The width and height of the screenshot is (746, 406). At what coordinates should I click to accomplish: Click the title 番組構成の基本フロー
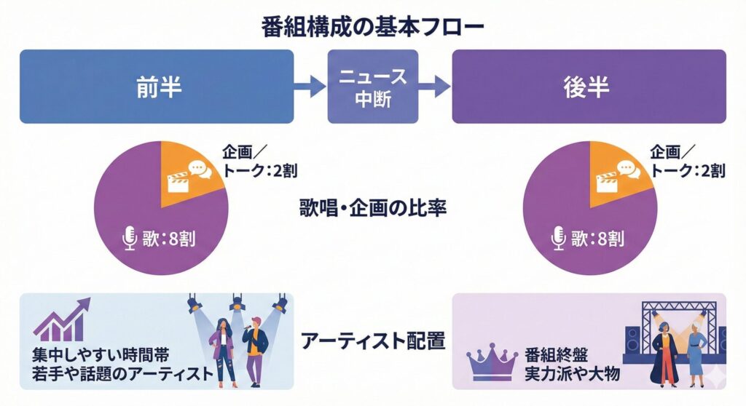click(372, 28)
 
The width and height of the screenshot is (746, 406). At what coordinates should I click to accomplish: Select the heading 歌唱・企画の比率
click(373, 208)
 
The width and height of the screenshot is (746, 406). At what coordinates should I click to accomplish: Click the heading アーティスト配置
click(373, 341)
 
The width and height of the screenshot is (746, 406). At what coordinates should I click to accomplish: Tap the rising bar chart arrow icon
click(61, 320)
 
